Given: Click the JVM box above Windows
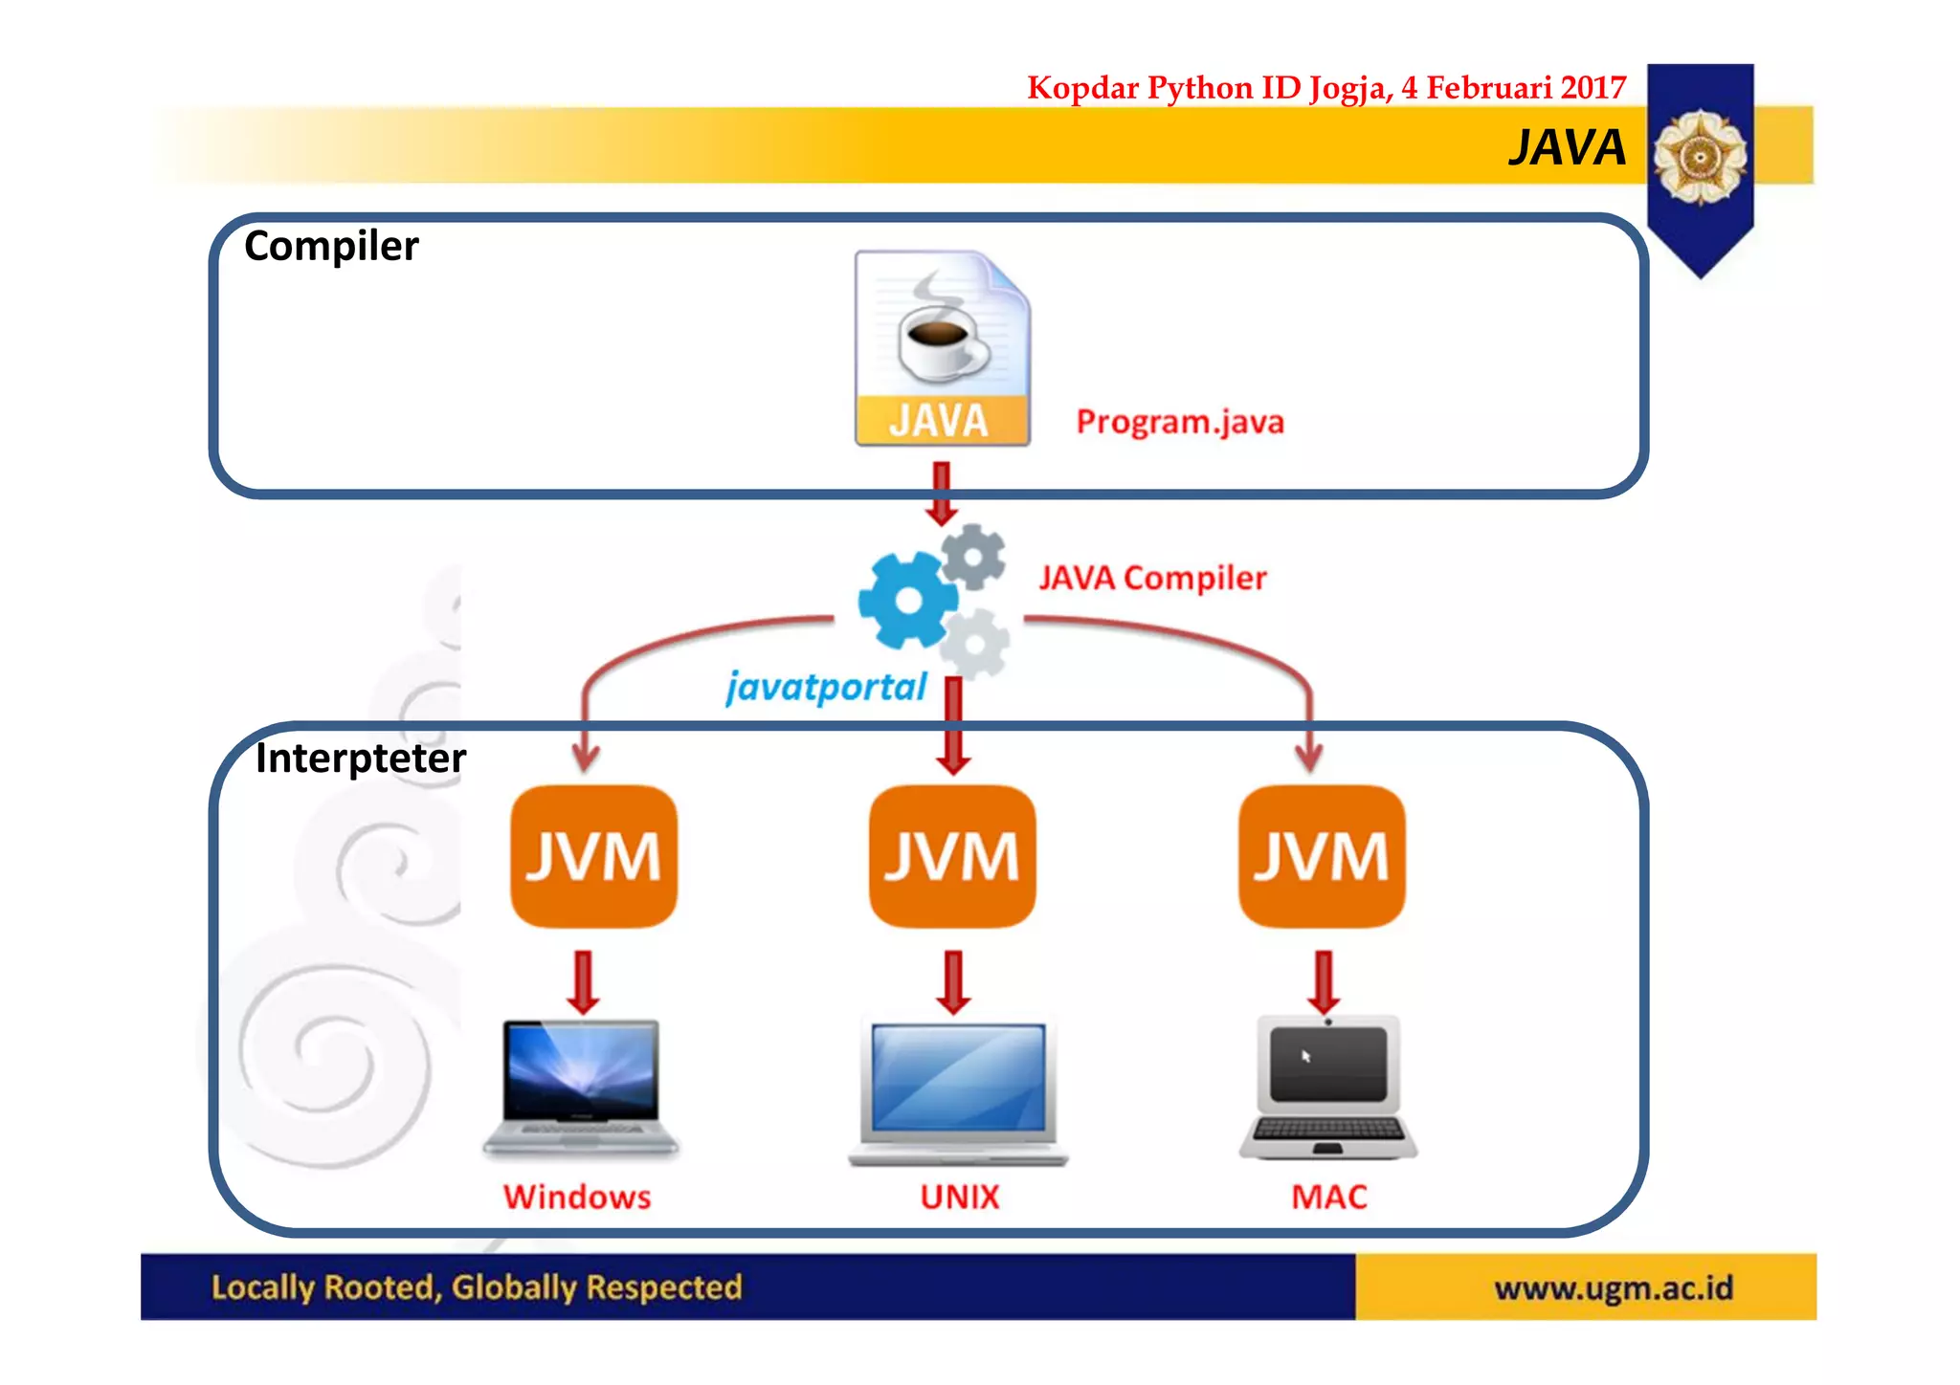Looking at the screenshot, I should pyautogui.click(x=593, y=856).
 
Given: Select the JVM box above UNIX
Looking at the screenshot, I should pyautogui.click(x=952, y=856).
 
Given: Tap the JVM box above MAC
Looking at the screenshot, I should pyautogui.click(x=1322, y=856).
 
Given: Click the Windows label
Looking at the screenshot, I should pyautogui.click(x=577, y=1197).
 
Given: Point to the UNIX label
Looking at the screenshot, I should pyautogui.click(x=959, y=1197).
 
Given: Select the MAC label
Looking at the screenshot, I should pyautogui.click(x=1328, y=1197).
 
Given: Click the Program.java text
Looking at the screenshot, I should pyautogui.click(x=1179, y=422).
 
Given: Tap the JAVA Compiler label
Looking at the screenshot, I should pyautogui.click(x=1152, y=578).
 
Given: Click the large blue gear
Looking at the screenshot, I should pyautogui.click(x=906, y=601).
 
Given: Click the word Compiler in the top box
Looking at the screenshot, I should pyautogui.click(x=331, y=247).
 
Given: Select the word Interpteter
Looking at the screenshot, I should pyautogui.click(x=360, y=758).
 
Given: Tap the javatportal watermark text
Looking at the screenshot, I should pyautogui.click(x=826, y=687).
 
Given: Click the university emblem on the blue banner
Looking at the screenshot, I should pyautogui.click(x=1700, y=156).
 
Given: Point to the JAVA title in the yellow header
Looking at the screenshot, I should pyautogui.click(x=1567, y=148).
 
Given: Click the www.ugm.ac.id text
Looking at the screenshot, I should pyautogui.click(x=1614, y=1287).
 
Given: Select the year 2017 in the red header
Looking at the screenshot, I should pyautogui.click(x=1592, y=88).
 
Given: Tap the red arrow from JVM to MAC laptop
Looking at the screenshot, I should pyautogui.click(x=1324, y=982).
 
